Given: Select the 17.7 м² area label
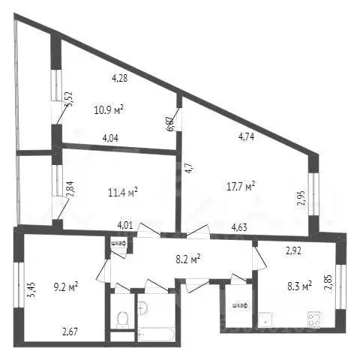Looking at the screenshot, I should [x=240, y=185].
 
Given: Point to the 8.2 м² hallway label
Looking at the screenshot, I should [x=186, y=260].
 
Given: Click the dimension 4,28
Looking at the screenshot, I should [x=120, y=76].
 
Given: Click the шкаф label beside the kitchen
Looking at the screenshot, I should [x=238, y=305].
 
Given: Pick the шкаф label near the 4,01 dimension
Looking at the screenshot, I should [x=118, y=243].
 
